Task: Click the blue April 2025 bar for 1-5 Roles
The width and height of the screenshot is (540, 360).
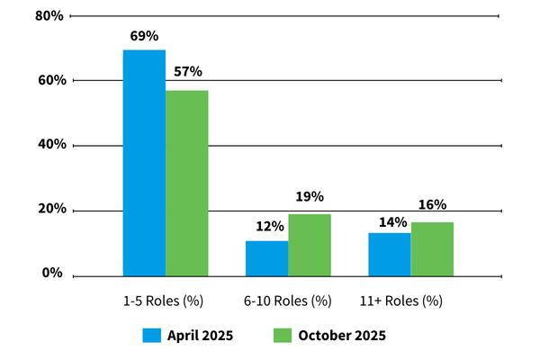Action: [x=144, y=162]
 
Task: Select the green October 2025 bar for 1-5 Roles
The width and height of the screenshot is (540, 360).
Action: [x=186, y=183]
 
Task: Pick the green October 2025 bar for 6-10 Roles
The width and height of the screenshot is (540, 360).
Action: [x=310, y=244]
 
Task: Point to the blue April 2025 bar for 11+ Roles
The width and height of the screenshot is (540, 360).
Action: [x=389, y=254]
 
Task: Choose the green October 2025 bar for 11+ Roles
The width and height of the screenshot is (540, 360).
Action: [x=432, y=248]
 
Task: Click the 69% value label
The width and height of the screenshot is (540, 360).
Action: [x=144, y=36]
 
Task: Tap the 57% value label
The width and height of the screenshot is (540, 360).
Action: [x=187, y=71]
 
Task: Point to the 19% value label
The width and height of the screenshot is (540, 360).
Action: [x=310, y=196]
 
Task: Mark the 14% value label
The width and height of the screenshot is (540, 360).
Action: [x=389, y=220]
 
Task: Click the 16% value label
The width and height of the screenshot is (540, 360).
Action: [x=432, y=205]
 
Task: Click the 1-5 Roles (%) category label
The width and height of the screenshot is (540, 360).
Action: [x=166, y=300]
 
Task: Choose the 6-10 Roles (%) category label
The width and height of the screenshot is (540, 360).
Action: [x=289, y=300]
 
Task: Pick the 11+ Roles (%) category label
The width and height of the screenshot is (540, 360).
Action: [x=411, y=300]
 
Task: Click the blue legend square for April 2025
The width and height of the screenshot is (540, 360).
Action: [x=151, y=336]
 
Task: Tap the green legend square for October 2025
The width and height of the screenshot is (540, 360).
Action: [x=282, y=336]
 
